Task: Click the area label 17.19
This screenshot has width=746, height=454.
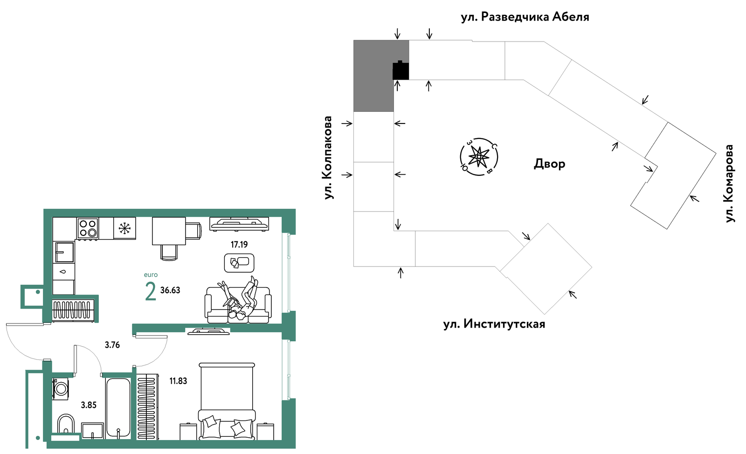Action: [239, 245]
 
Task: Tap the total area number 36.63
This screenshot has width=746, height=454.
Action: [170, 290]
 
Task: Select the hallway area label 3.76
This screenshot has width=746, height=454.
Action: [112, 345]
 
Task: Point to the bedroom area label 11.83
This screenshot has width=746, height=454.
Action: [178, 381]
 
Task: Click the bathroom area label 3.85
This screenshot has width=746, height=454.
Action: [89, 405]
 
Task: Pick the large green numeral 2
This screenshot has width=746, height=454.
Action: [151, 292]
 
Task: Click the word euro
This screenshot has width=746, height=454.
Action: [151, 275]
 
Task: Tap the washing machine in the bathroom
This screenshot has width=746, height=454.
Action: [61, 388]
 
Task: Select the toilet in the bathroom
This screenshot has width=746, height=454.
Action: [66, 424]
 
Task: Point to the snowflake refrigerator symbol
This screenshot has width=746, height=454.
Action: [124, 228]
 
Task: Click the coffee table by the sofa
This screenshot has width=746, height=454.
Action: [239, 263]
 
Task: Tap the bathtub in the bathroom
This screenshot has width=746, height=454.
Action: [118, 408]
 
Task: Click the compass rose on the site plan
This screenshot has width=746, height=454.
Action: [479, 157]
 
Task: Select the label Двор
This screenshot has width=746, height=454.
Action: [550, 164]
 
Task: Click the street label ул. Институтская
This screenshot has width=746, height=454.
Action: [494, 324]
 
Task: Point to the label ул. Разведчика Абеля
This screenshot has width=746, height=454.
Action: [525, 17]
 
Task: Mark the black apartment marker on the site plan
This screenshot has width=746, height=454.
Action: [401, 70]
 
